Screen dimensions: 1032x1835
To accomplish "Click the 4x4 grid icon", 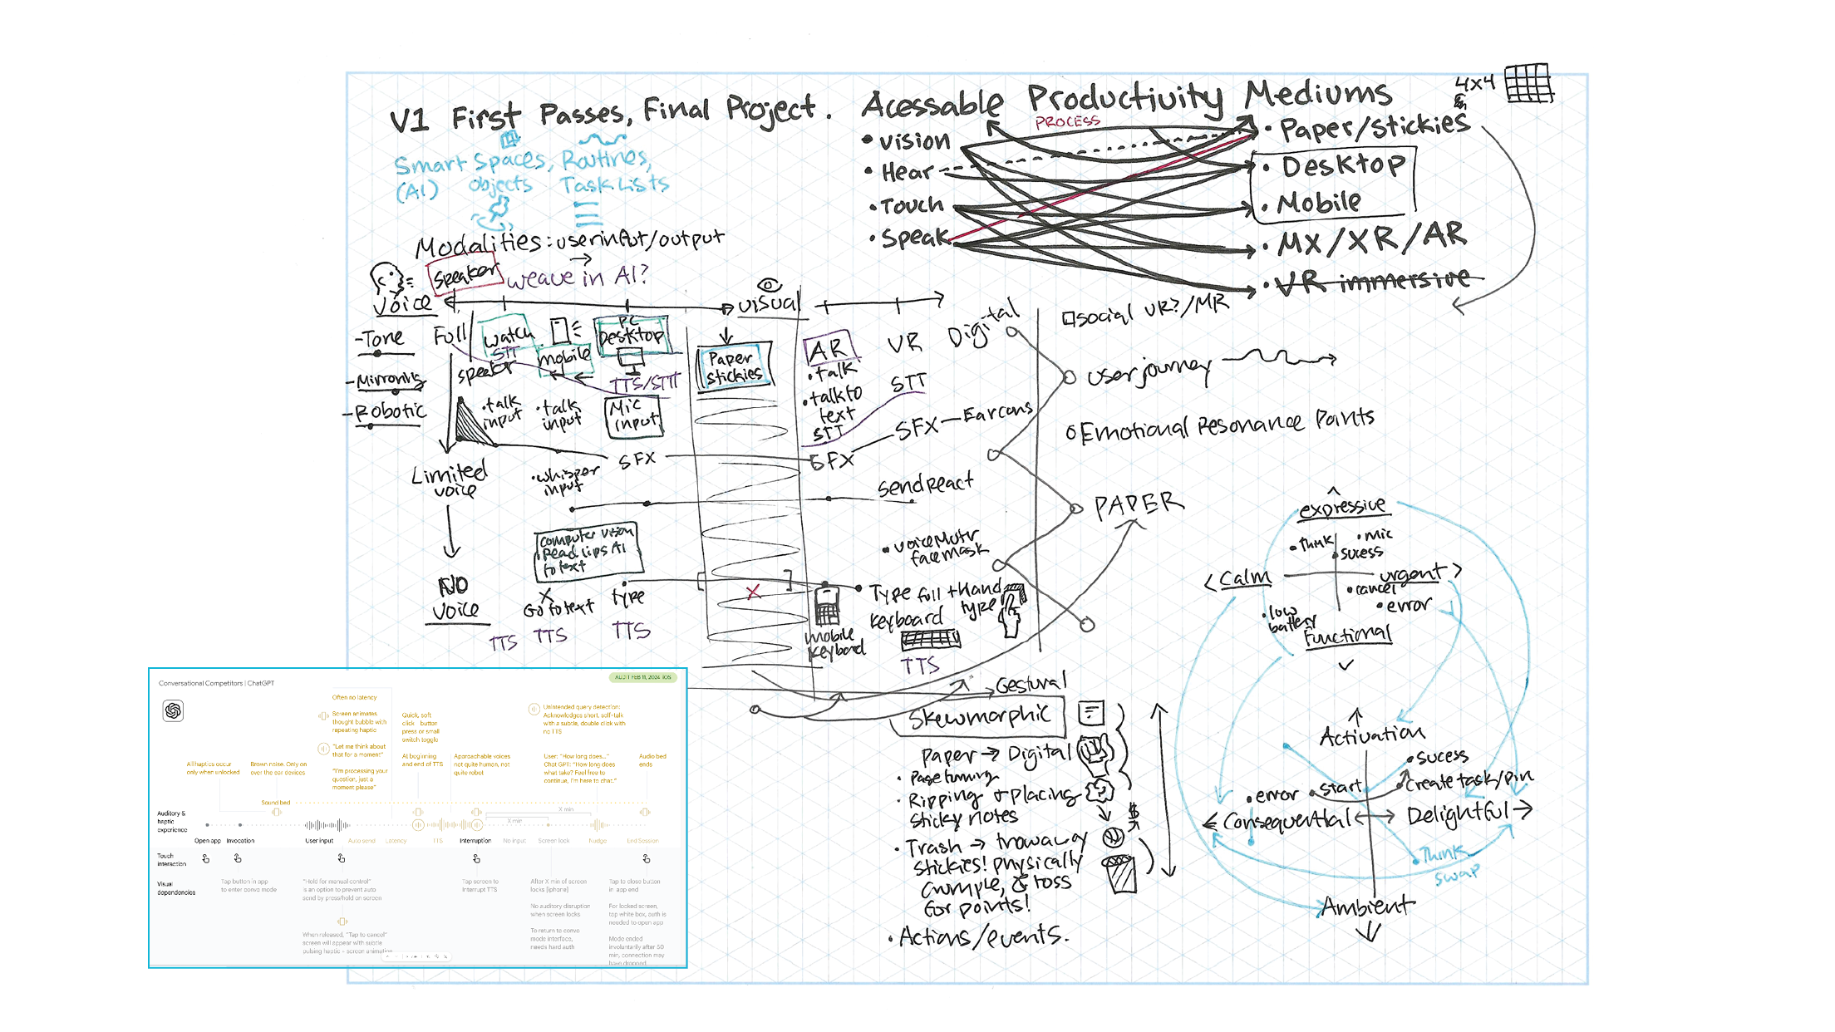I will (1528, 83).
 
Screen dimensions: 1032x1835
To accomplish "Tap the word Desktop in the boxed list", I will (1342, 165).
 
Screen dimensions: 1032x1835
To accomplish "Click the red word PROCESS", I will (1067, 122).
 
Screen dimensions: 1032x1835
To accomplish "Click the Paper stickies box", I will (734, 366).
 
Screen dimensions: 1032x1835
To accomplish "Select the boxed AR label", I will (826, 350).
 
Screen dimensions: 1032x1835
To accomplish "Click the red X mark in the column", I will (753, 592).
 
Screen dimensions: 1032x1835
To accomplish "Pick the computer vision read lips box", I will (585, 551).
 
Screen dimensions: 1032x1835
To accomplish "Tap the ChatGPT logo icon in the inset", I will (173, 710).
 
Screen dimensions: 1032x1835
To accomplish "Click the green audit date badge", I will (642, 677).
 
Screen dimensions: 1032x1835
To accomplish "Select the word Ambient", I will (1366, 905).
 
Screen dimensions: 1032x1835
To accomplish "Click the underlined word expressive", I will (1341, 508).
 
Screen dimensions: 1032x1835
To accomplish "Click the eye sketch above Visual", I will (769, 285).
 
